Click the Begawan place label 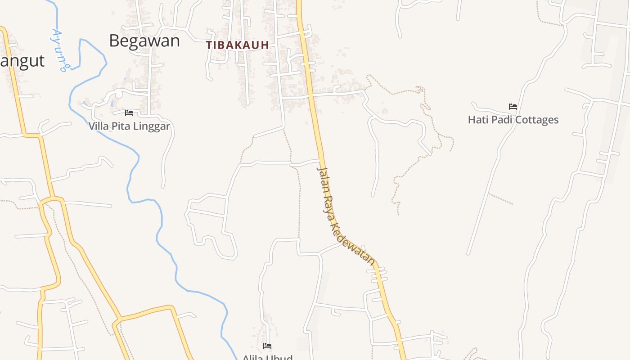(x=144, y=41)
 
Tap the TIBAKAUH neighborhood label (x=238, y=45)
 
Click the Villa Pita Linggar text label (x=129, y=126)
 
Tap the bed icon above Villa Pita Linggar (x=129, y=112)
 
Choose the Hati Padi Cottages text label (x=513, y=120)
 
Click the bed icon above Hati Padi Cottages (x=513, y=107)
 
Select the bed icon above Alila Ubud (x=267, y=346)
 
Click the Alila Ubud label (x=268, y=357)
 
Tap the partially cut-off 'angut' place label (x=22, y=61)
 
